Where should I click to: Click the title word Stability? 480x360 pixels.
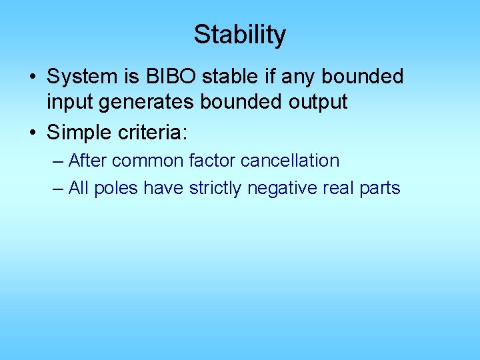coord(239,35)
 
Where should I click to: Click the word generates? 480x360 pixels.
coord(139,102)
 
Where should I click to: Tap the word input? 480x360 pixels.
coord(69,102)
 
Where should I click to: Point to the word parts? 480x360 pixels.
coord(379,189)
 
